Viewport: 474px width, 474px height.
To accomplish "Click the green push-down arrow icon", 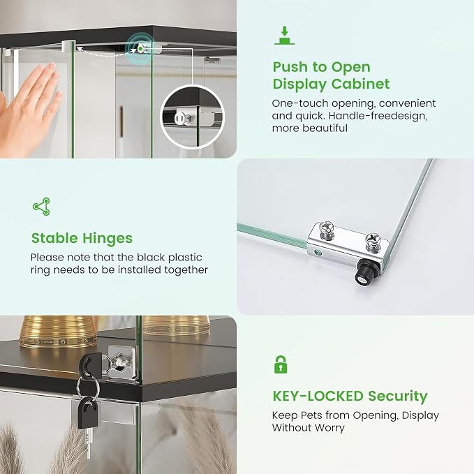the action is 284,36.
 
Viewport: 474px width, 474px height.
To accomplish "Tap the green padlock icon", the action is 281,364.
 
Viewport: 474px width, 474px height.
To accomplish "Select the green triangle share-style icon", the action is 41,207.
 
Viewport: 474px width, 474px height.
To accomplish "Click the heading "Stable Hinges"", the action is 82,238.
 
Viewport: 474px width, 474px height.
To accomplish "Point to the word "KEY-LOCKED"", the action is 318,396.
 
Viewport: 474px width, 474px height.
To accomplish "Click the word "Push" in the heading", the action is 291,67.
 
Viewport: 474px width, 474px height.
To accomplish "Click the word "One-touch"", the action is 299,103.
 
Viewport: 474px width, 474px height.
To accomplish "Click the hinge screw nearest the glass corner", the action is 373,242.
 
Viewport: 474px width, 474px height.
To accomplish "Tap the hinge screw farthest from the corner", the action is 327,230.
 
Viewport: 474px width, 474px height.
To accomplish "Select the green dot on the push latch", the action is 140,48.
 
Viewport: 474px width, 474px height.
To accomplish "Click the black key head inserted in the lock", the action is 90,365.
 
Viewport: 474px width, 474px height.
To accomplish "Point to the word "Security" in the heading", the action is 398,396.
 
